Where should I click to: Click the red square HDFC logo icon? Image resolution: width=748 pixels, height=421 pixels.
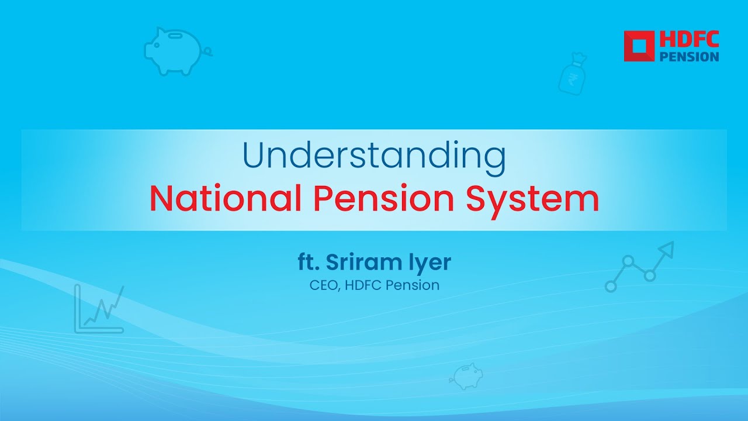click(x=639, y=46)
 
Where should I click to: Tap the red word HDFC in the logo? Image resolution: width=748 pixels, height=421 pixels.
click(x=689, y=40)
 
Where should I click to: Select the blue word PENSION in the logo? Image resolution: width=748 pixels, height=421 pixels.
click(x=689, y=56)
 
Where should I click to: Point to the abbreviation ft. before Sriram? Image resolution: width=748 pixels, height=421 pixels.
click(x=309, y=263)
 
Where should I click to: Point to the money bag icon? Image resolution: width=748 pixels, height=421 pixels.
click(x=573, y=74)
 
